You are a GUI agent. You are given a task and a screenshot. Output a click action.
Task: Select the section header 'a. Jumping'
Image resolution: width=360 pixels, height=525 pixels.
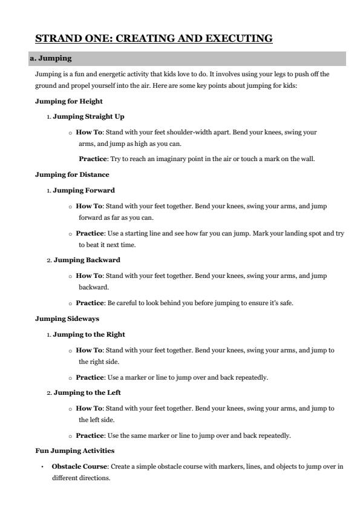53,59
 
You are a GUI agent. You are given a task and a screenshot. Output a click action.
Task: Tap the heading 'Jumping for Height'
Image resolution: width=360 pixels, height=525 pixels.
68,101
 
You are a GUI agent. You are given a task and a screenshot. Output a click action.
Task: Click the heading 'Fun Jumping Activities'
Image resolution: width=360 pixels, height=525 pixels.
74,451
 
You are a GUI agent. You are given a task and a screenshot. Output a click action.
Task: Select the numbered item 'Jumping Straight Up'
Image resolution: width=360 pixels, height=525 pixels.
89,116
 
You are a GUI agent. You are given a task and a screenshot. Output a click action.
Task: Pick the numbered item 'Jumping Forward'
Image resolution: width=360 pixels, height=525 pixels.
83,190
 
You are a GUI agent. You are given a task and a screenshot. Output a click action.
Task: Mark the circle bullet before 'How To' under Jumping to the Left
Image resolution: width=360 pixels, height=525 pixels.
71,409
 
